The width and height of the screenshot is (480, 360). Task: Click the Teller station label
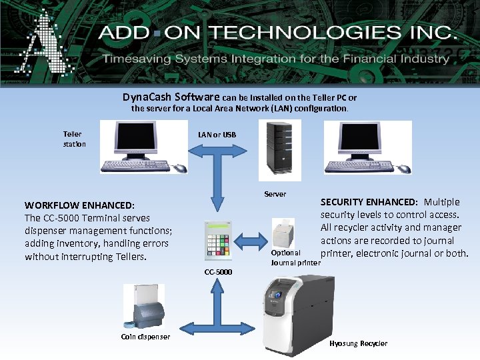(x=74, y=139)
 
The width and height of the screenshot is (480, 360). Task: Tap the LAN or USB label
(x=217, y=135)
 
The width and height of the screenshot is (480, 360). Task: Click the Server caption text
(x=275, y=194)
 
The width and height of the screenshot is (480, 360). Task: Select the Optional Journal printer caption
(x=295, y=258)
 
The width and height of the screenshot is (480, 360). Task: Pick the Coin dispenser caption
(x=145, y=337)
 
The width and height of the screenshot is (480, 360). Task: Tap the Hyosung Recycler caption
(x=358, y=343)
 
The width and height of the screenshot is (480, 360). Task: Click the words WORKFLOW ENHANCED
(x=79, y=205)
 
